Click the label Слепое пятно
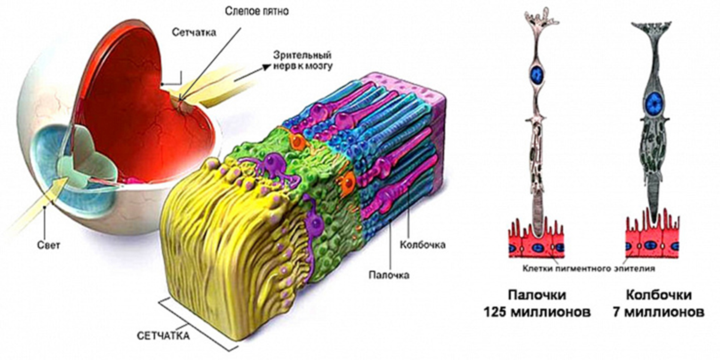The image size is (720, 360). (x=257, y=11)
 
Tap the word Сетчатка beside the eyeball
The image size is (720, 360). (x=194, y=33)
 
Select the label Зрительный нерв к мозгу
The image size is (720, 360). (x=303, y=60)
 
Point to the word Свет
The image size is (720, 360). (x=48, y=245)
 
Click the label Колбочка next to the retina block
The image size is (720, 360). (x=422, y=245)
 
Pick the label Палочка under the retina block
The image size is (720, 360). (x=389, y=275)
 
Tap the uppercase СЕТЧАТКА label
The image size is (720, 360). (x=163, y=336)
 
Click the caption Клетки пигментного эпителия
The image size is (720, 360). (x=589, y=269)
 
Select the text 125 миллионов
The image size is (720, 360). (x=537, y=312)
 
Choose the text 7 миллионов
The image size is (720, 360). (x=658, y=312)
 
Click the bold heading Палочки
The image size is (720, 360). (x=537, y=295)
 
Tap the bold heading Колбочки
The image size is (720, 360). (x=659, y=295)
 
